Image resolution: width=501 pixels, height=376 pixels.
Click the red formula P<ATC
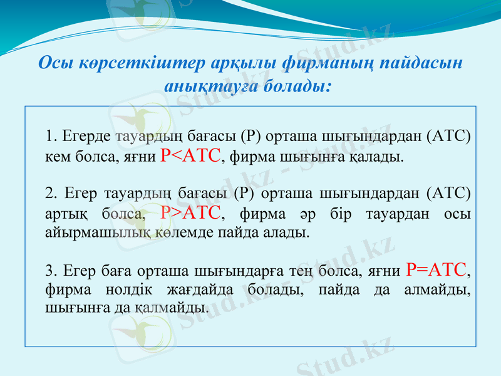pyautogui.click(x=191, y=155)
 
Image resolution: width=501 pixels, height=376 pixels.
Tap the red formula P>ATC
pyautogui.click(x=191, y=213)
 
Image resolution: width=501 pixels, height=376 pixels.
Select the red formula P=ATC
pyautogui.click(x=436, y=270)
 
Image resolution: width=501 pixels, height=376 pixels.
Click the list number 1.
pyautogui.click(x=50, y=136)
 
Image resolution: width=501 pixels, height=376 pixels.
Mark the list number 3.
pyautogui.click(x=50, y=271)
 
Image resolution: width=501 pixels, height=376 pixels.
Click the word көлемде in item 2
pyautogui.click(x=176, y=233)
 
